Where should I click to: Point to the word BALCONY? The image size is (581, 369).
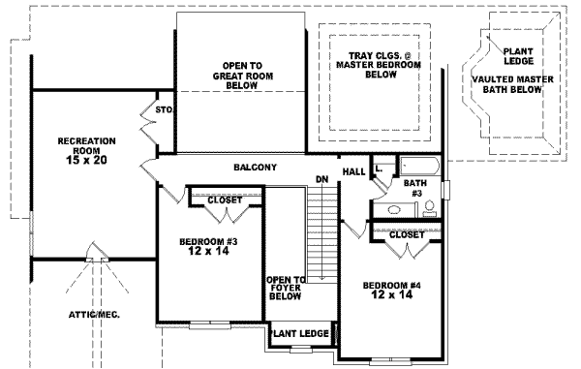(x=256, y=167)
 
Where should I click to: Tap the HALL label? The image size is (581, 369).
(x=353, y=171)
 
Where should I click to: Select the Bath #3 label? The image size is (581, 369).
(x=414, y=188)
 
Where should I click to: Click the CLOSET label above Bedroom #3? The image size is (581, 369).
(x=225, y=200)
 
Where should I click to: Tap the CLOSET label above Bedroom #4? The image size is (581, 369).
(x=406, y=234)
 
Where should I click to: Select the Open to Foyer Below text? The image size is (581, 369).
(x=286, y=288)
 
